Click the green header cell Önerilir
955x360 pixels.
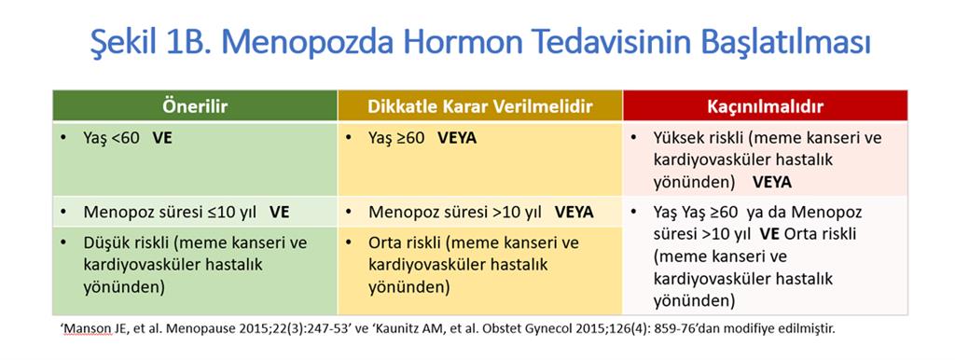coord(195,106)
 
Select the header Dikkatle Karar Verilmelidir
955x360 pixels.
coord(480,106)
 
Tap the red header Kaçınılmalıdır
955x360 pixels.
coord(765,106)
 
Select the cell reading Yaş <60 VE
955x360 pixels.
coord(195,159)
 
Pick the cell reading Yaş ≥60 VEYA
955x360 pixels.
coord(480,159)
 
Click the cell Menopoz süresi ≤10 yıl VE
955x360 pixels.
coord(195,212)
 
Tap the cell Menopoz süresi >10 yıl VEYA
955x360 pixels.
coord(480,212)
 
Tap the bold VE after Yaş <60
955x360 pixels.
coord(162,138)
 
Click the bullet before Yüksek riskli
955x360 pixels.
coord(634,138)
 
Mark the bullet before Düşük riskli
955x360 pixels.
coord(64,243)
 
